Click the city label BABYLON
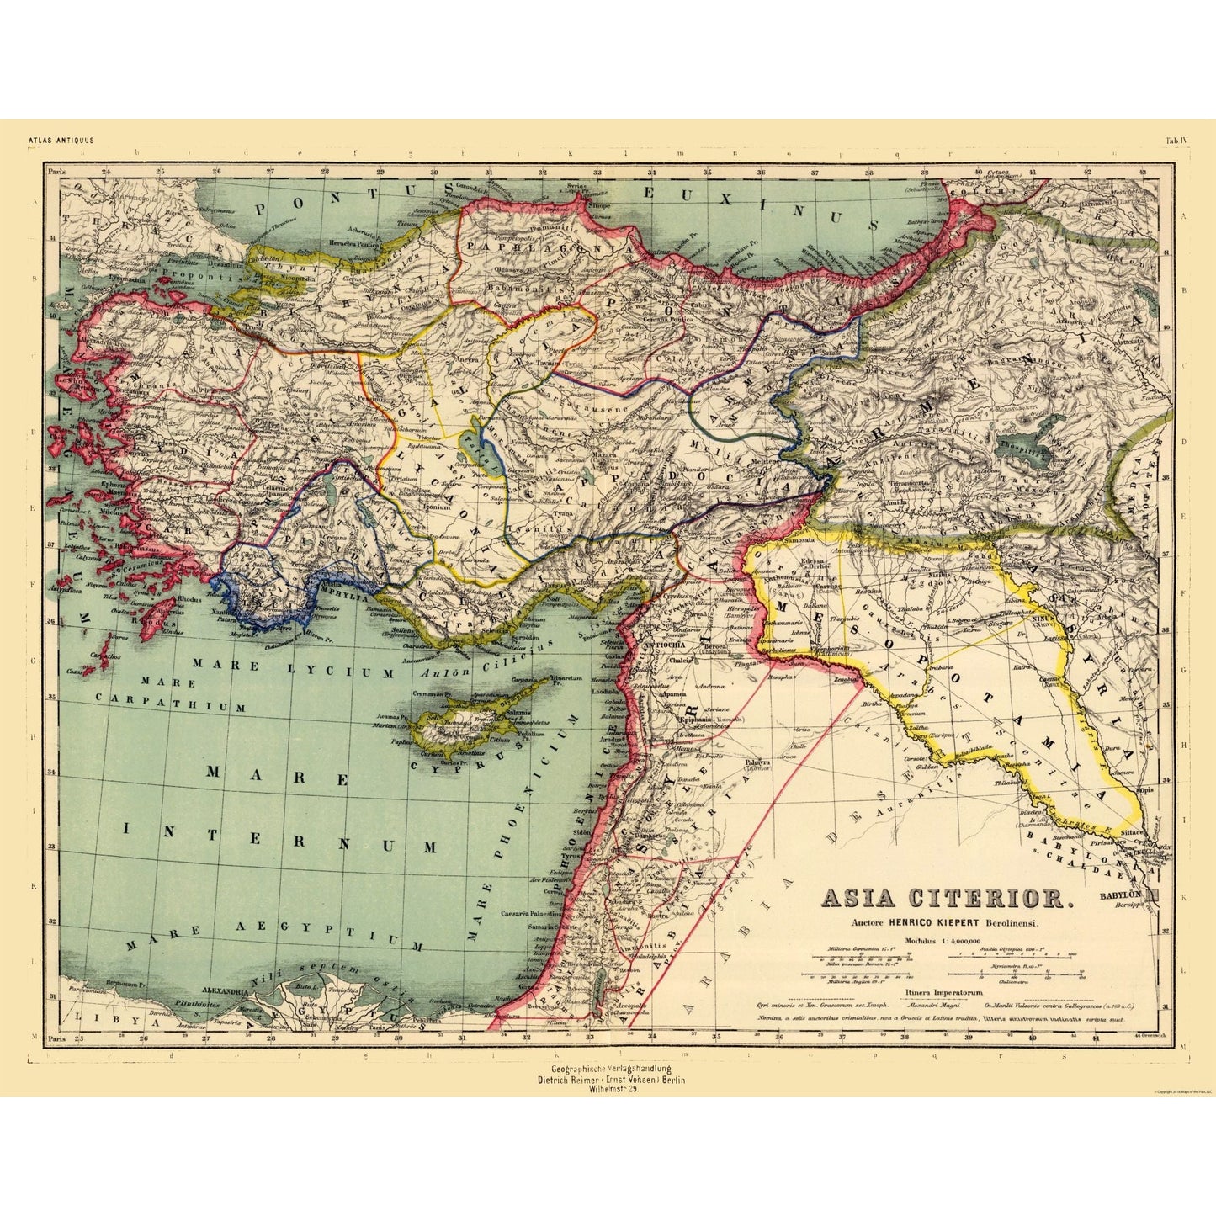click(x=1120, y=895)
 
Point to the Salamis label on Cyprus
click(x=518, y=713)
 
